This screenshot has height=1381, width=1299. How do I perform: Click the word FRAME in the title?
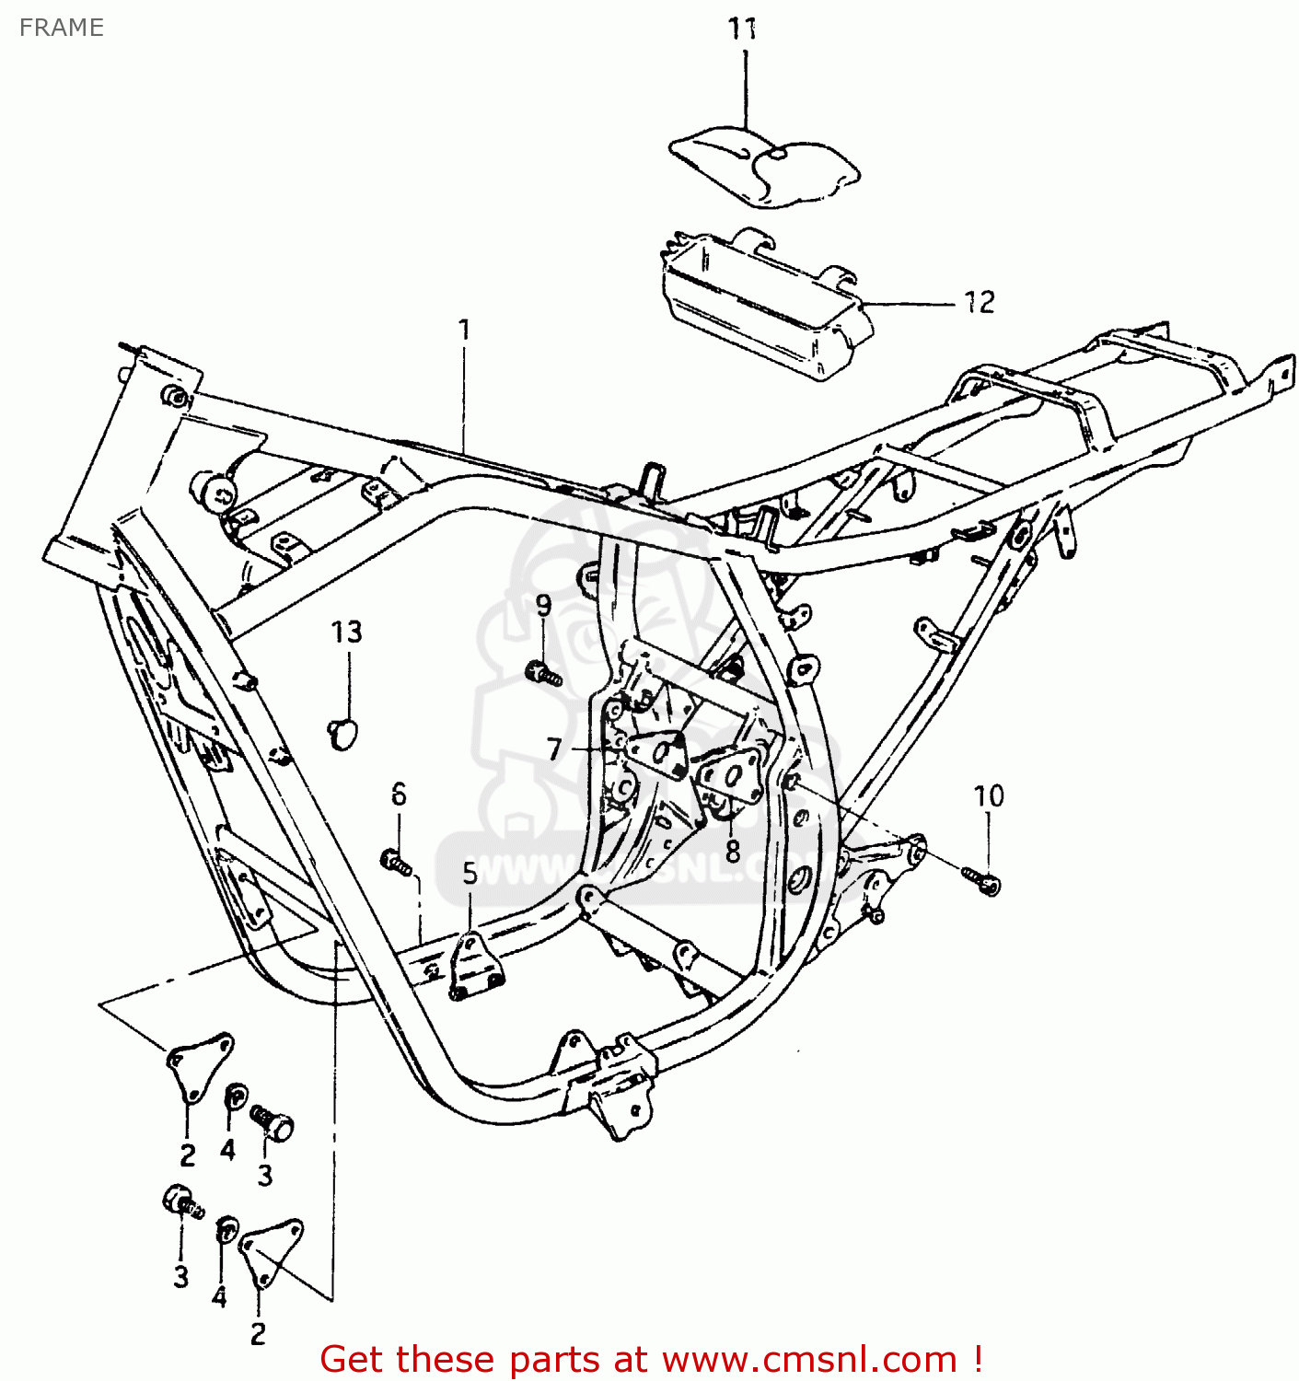(x=62, y=28)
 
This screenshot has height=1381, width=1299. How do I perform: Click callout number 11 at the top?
(x=743, y=29)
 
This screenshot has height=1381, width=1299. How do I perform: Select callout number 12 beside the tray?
(x=980, y=302)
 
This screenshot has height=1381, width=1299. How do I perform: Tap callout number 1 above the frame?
(x=465, y=330)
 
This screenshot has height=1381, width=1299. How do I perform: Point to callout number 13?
(x=347, y=632)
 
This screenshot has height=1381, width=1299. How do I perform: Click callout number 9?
(x=544, y=606)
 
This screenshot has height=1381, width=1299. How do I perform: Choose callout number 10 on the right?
(x=989, y=796)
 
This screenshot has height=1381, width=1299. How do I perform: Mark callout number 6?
(x=399, y=794)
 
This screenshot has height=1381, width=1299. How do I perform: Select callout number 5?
(x=470, y=873)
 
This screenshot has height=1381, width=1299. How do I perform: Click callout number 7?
(x=554, y=749)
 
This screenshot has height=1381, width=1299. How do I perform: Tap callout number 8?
(x=733, y=851)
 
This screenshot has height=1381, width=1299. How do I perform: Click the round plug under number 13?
(x=343, y=734)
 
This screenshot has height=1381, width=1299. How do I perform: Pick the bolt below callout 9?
(x=543, y=675)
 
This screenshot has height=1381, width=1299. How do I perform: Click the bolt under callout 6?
(x=396, y=863)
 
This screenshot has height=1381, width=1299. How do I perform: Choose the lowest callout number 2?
(x=259, y=1333)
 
